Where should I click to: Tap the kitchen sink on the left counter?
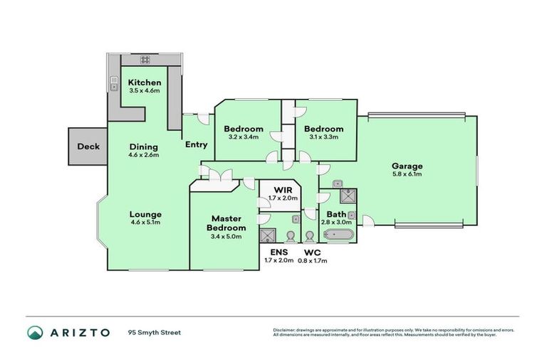[x=113, y=86]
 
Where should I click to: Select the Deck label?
[x=88, y=147]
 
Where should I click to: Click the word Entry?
[x=196, y=144]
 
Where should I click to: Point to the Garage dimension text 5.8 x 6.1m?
[x=407, y=174]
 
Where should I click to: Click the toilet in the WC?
[x=309, y=236]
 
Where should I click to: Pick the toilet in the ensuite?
[x=289, y=236]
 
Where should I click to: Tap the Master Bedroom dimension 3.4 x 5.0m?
[x=226, y=237]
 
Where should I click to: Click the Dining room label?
[x=143, y=146]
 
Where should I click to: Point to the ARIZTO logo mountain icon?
[x=35, y=333]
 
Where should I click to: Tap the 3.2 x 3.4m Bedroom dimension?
[x=244, y=137]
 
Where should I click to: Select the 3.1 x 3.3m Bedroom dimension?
[x=323, y=137]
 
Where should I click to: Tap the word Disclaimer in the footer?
[x=286, y=329]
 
